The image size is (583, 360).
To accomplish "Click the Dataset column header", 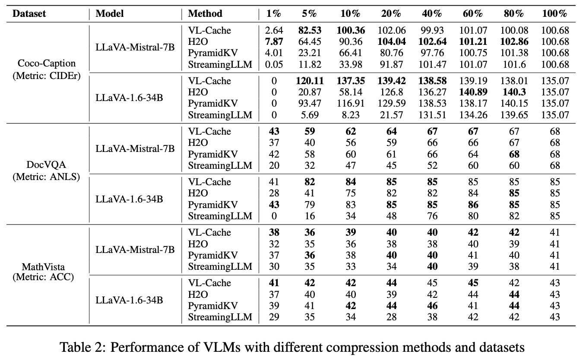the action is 29,13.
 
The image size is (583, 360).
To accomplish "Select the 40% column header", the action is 432,13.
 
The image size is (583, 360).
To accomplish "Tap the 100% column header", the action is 554,13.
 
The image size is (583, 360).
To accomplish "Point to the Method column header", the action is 205,13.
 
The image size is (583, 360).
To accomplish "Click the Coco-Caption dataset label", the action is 47,63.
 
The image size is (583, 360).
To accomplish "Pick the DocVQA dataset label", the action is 46,164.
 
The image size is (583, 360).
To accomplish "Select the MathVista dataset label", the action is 43,267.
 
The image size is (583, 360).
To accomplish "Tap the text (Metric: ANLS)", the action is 46,177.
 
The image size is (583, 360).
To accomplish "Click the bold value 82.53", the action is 310,31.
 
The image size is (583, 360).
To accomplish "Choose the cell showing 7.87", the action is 274,41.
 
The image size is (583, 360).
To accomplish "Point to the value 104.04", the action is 391,41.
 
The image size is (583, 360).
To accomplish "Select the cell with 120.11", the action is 310,81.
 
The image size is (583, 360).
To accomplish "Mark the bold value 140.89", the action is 473,92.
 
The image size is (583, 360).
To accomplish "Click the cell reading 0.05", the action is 274,64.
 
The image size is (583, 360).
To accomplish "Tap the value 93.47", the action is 310,103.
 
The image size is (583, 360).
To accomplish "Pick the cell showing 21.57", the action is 391,115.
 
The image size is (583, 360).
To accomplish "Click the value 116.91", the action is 351,103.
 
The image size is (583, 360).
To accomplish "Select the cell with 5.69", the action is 310,115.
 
